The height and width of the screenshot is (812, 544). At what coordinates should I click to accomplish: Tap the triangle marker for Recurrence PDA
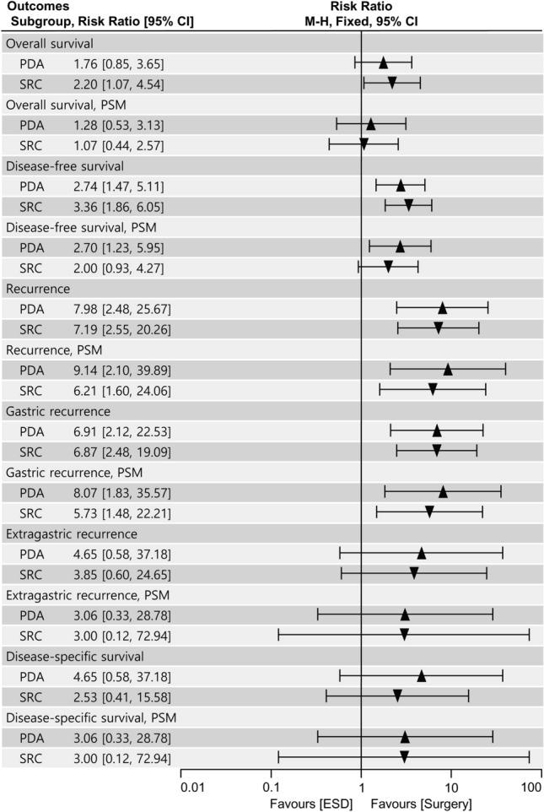pyautogui.click(x=442, y=307)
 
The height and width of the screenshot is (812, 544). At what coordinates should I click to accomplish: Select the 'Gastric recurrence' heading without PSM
pyautogui.click(x=58, y=411)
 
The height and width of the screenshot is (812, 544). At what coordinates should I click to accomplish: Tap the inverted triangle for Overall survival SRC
pyautogui.click(x=392, y=83)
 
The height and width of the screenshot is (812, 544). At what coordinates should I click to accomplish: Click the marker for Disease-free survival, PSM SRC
pyautogui.click(x=388, y=267)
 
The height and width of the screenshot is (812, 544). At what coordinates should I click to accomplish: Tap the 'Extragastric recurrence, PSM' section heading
pyautogui.click(x=86, y=595)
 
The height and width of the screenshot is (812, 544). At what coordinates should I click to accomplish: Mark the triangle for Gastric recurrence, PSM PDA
pyautogui.click(x=443, y=491)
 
